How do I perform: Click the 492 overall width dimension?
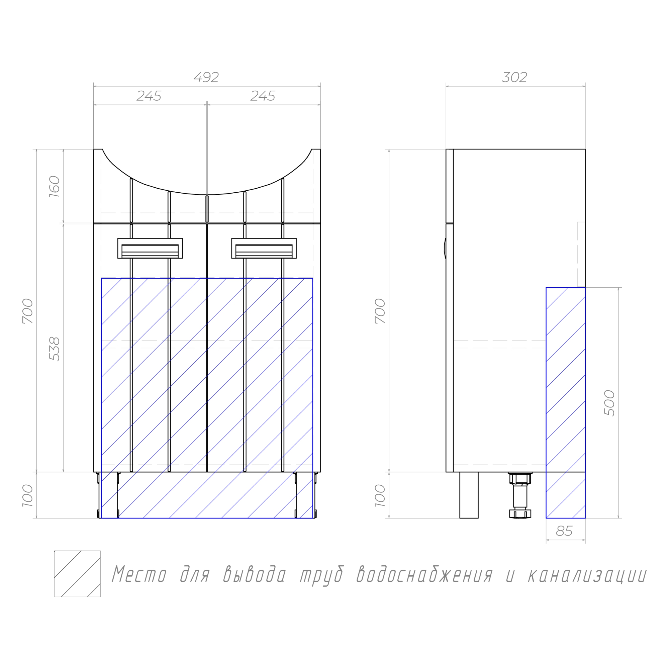coord(206,77)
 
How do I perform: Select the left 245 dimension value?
coord(149,96)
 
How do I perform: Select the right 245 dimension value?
coord(263,96)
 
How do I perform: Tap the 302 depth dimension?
coord(514,77)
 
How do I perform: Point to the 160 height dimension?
coord(55,187)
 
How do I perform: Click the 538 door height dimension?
coord(55,349)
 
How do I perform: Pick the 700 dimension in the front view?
coord(28,311)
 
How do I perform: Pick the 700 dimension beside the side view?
coord(380,311)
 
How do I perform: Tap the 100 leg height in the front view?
coord(28,495)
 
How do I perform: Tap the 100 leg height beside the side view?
coord(380,495)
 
